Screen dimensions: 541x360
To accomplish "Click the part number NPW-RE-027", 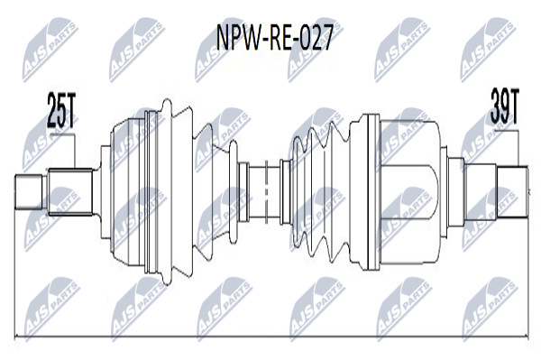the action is tap(274, 37).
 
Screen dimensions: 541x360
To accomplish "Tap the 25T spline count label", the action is tap(60, 110).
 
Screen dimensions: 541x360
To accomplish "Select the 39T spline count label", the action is tap(504, 106).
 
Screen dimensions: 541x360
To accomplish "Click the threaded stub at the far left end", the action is tap(30, 192).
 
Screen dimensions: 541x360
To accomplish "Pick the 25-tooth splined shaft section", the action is tap(70, 192).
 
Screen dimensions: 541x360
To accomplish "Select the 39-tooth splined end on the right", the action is tap(512, 192).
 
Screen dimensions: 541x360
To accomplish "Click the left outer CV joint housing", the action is tap(128, 192).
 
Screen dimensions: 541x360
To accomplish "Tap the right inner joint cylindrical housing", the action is tap(410, 192).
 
